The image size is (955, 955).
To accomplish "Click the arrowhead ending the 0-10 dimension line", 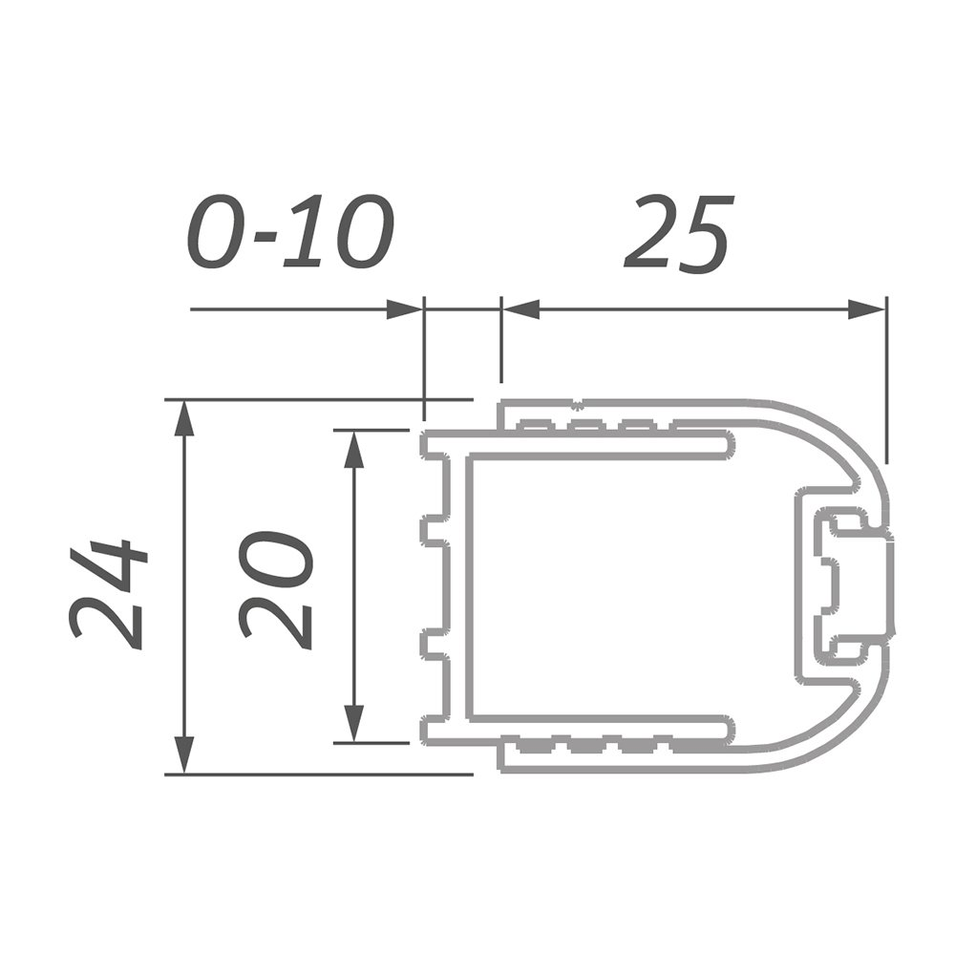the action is coord(404,309).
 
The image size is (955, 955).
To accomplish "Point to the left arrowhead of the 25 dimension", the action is coord(520,309).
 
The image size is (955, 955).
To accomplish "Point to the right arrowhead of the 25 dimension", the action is coord(867,309).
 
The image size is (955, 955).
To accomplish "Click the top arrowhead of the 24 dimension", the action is coord(184,419).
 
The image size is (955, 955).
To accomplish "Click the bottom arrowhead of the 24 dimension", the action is coord(184,755).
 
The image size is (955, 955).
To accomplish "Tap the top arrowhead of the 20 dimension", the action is coord(354,449).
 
